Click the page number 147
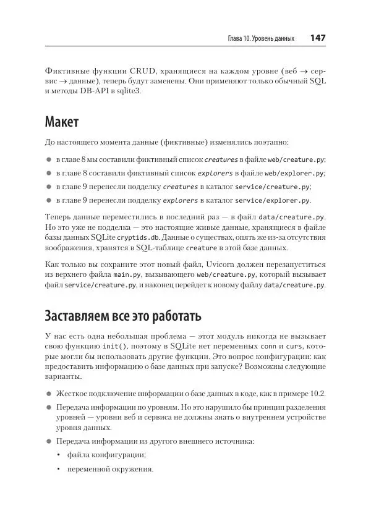(317, 38)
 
